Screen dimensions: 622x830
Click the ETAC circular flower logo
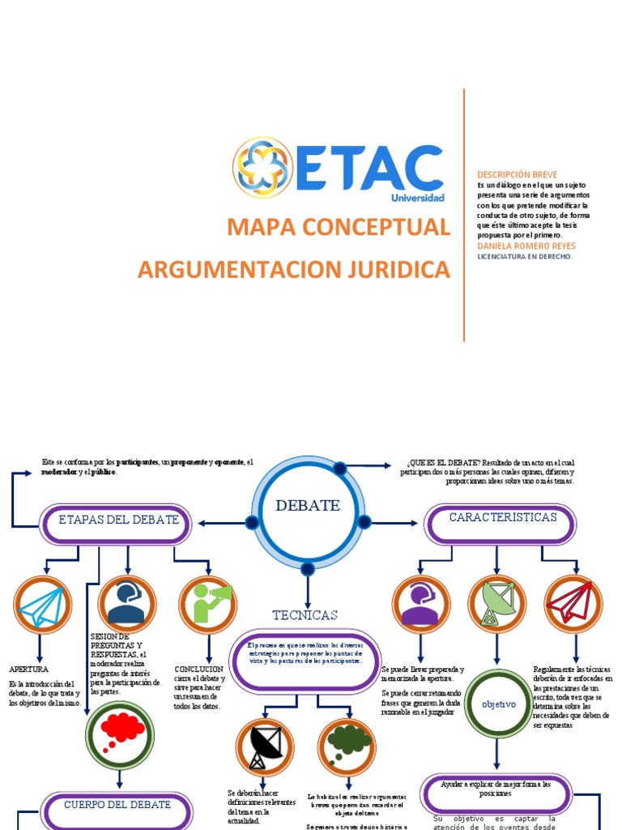coord(262,168)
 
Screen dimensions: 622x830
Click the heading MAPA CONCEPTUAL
coord(339,228)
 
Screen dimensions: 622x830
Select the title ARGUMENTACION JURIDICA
coord(293,270)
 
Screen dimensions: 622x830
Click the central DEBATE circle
coord(308,507)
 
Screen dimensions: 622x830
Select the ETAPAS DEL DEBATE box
coord(118,520)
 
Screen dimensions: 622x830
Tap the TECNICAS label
coord(305,615)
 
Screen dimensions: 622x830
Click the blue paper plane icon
coord(42,605)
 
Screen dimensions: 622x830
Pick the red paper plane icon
coord(573,604)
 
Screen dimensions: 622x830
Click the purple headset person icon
coord(421,605)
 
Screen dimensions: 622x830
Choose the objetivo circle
coord(498,704)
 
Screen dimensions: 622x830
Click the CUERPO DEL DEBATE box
coord(118,805)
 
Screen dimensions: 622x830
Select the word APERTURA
coord(29,670)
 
